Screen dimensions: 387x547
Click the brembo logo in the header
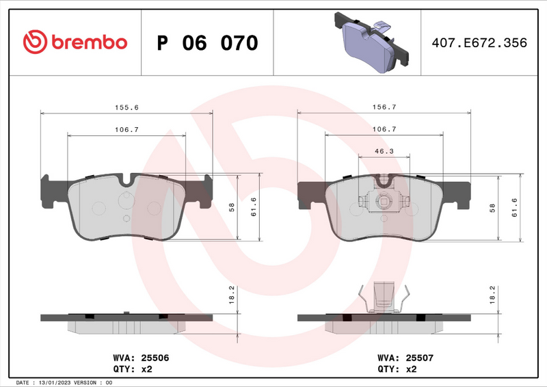75,42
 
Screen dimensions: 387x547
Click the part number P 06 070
207,43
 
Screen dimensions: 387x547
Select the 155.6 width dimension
126,107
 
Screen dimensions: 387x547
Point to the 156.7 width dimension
384,107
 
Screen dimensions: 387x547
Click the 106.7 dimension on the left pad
126,129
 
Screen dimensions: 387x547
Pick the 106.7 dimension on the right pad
384,129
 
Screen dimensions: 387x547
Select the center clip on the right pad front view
384,202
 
